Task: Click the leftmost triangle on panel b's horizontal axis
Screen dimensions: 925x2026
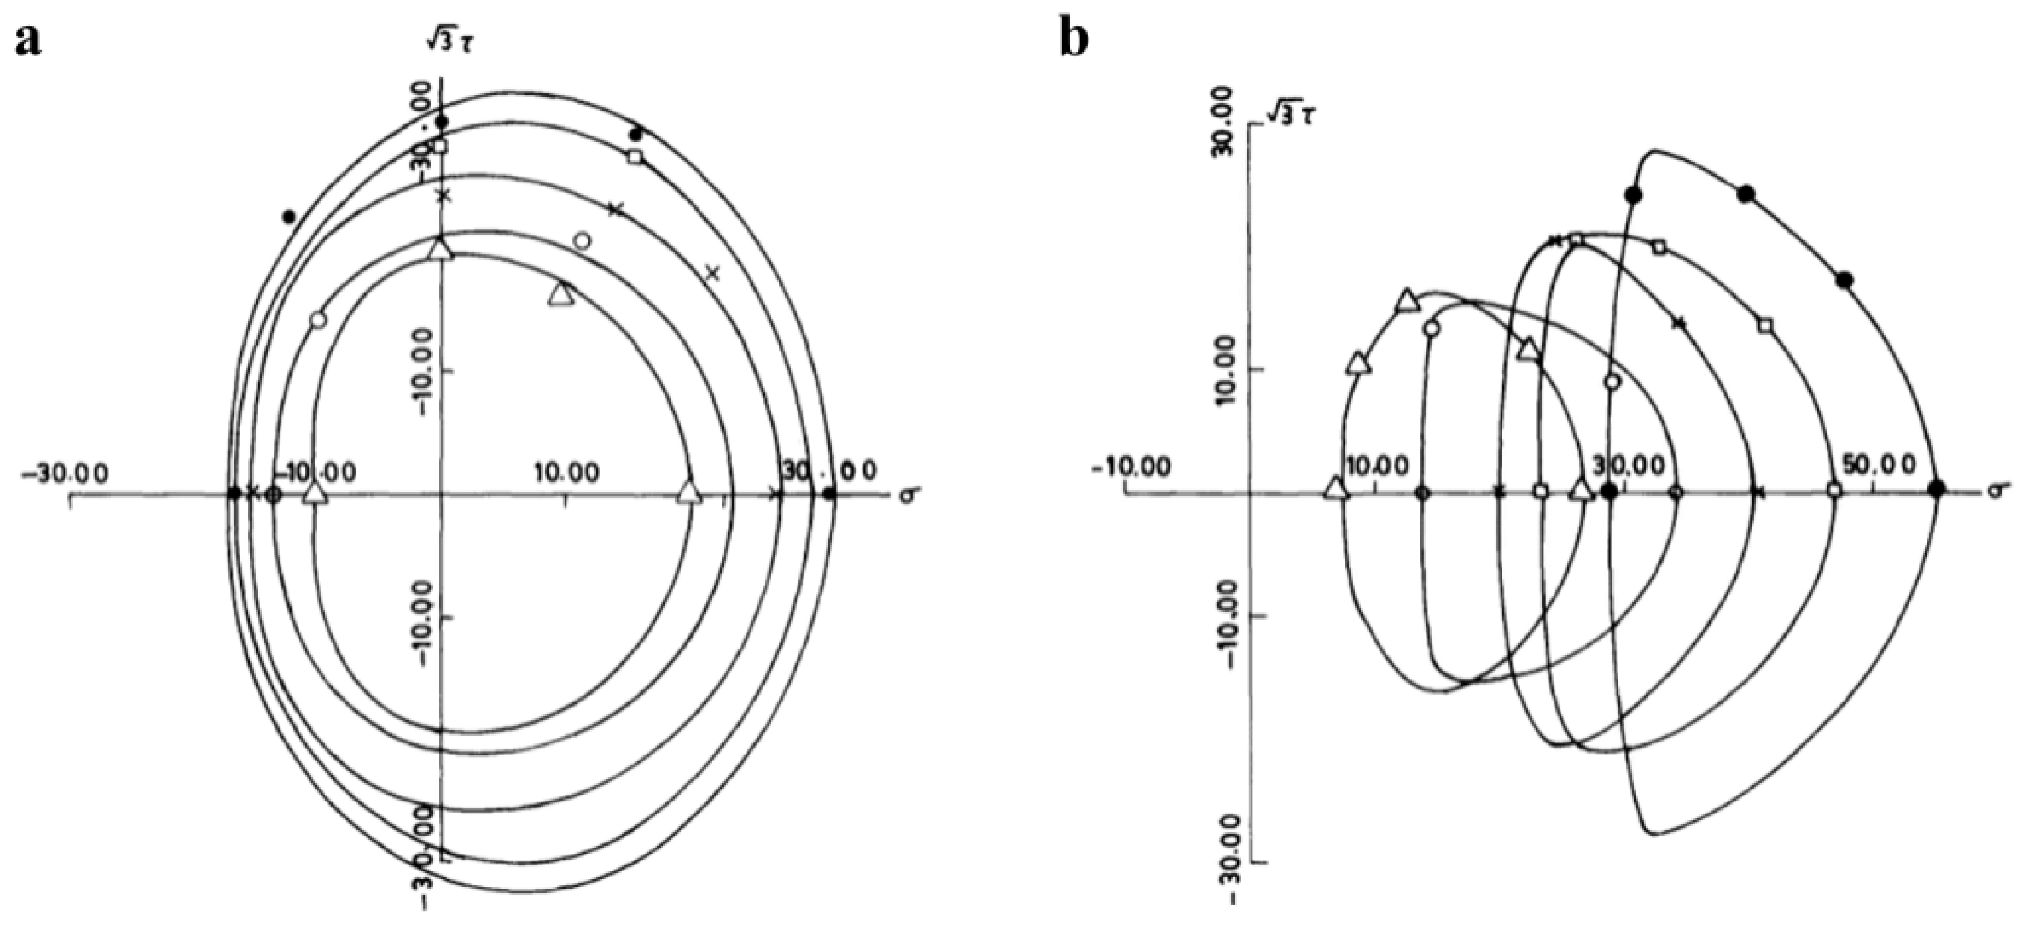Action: (1335, 489)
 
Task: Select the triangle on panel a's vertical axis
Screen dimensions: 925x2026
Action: (441, 249)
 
